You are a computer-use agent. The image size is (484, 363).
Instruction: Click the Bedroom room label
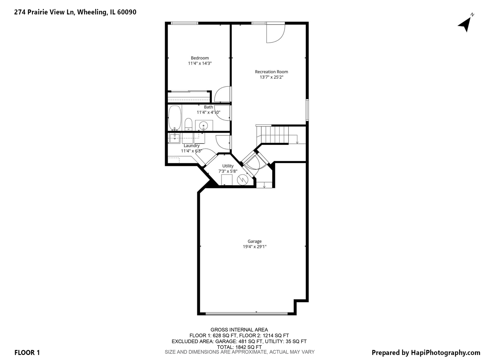(200, 58)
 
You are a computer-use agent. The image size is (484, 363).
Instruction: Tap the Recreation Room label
(271, 72)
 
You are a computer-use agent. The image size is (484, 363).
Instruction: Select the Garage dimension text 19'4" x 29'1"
(254, 247)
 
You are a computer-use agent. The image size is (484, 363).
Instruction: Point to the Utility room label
(228, 166)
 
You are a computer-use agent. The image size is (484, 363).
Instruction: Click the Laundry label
(191, 146)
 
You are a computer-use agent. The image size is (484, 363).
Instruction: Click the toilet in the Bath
(188, 124)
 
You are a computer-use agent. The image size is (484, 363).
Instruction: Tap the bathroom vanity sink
(203, 125)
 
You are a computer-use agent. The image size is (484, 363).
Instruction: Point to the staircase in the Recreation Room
(275, 134)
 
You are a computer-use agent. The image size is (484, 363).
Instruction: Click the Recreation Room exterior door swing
(275, 33)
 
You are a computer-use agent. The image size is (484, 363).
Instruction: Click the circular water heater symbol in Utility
(242, 180)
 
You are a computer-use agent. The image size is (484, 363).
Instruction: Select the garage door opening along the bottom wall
(246, 314)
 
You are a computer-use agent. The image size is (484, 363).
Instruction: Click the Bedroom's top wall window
(184, 23)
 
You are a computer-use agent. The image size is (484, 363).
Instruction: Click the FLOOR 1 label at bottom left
(27, 353)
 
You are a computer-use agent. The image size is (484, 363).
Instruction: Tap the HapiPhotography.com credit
(426, 353)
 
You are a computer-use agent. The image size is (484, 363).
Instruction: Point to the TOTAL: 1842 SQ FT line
(239, 347)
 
